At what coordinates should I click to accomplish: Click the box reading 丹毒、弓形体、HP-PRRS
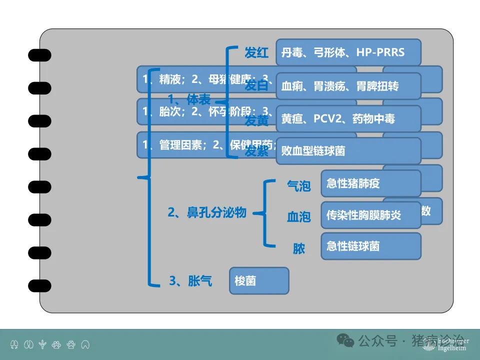(348, 52)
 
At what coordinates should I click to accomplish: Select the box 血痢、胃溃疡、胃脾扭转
(348, 86)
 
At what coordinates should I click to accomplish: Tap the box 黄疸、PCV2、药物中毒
(348, 119)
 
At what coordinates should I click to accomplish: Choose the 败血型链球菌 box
(348, 150)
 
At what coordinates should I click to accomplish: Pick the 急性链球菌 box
(370, 246)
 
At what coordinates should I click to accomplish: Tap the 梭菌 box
(259, 281)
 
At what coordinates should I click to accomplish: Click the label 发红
(256, 52)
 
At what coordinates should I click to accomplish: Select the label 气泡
(298, 186)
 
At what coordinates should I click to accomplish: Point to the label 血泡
(298, 217)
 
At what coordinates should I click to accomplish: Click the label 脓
(299, 248)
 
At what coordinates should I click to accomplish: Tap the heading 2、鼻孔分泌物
(207, 213)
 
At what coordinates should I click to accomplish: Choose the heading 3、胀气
(190, 281)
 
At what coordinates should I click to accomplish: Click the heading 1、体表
(189, 98)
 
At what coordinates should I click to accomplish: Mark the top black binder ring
(39, 54)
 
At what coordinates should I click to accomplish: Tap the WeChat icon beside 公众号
(345, 340)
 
